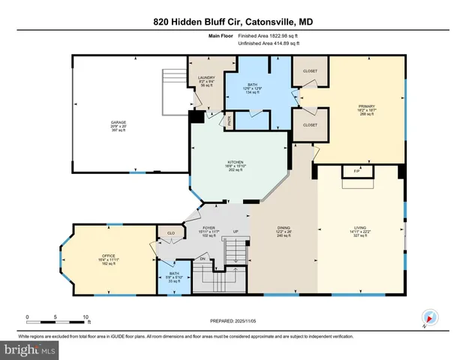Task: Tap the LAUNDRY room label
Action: pyautogui.click(x=207, y=77)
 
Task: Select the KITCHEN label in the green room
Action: pyautogui.click(x=235, y=162)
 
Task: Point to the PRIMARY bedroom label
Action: pyautogui.click(x=365, y=107)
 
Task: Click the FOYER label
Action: pyautogui.click(x=210, y=228)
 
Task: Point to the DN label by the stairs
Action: pyautogui.click(x=201, y=259)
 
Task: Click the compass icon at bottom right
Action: pyautogui.click(x=426, y=317)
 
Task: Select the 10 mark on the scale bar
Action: pyautogui.click(x=86, y=316)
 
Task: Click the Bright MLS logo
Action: pyautogui.click(x=30, y=349)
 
